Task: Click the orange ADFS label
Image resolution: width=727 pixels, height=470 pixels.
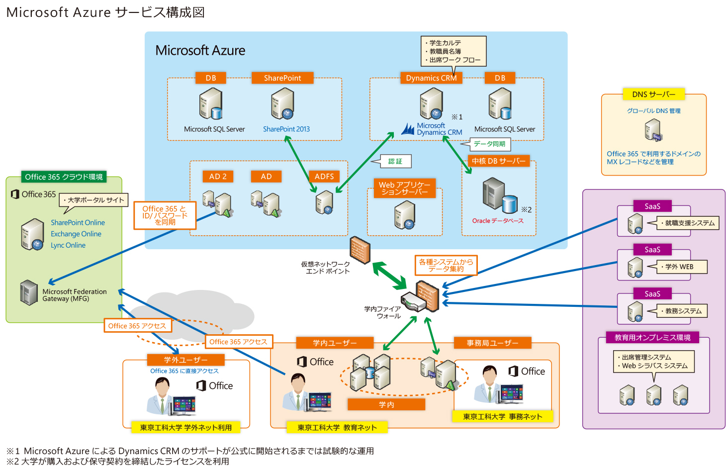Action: pos(324,176)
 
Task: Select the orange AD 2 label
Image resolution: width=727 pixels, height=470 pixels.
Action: pos(218,176)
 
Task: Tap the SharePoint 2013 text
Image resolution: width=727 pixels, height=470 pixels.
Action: pos(286,129)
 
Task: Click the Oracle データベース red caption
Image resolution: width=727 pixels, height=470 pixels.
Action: pos(498,221)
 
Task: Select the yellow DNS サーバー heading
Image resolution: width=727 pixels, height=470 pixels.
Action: pos(653,94)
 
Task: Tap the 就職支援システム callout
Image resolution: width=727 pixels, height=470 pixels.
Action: pos(683,223)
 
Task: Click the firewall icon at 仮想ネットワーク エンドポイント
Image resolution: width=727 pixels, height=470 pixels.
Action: pos(360,250)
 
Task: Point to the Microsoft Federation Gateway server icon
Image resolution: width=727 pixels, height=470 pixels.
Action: pos(29,292)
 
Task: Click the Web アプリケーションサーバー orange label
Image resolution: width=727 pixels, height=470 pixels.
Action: pos(404,188)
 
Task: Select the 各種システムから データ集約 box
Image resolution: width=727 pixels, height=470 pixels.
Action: pos(446,265)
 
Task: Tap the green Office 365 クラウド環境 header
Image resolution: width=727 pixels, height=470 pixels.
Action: pos(64,177)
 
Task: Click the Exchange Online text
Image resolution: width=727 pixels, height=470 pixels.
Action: pos(76,234)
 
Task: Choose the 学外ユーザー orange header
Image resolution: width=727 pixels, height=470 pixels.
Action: pos(185,360)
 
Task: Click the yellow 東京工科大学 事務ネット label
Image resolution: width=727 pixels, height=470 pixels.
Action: pos(502,416)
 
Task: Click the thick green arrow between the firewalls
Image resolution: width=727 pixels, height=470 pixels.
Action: pos(389,276)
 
